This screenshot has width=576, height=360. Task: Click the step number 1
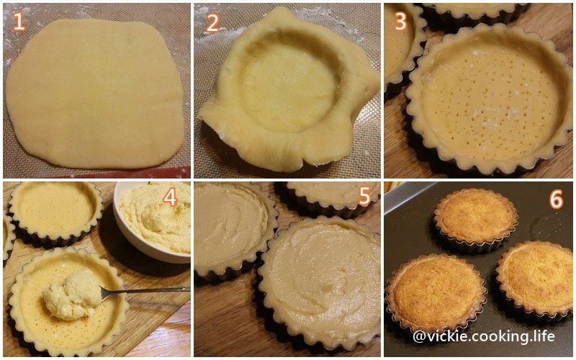pos(19,22)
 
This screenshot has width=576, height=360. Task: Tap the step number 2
pos(212,23)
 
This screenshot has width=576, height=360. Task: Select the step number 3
pos(400,22)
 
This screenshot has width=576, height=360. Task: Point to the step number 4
pos(170,197)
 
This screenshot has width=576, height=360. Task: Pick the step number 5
pos(364,197)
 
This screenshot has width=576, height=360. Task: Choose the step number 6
pos(556,199)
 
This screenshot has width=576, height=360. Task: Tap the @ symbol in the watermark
pos(420,336)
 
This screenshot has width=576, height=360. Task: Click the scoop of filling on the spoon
pos(73,294)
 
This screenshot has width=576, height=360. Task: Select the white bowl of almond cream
pos(153,222)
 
